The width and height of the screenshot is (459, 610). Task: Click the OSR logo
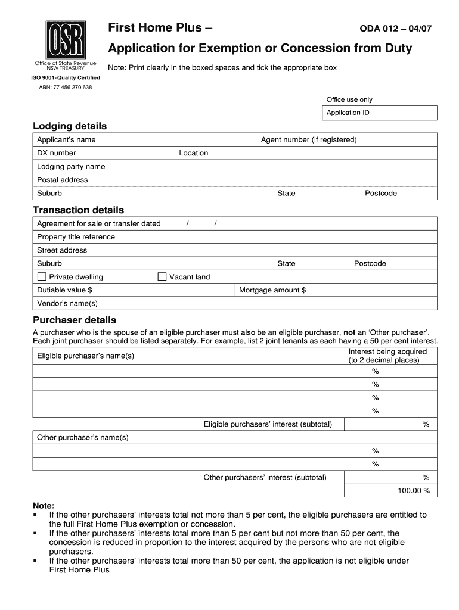(x=66, y=39)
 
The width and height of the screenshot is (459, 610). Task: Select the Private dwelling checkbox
(x=42, y=276)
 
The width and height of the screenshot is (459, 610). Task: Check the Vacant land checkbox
(x=162, y=276)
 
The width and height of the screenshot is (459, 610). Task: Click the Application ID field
(x=381, y=113)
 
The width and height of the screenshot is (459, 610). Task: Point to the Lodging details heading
(x=70, y=126)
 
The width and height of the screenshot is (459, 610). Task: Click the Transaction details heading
(x=78, y=210)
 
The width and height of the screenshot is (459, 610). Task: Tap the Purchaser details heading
(x=75, y=320)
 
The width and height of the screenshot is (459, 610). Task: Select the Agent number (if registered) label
(x=309, y=140)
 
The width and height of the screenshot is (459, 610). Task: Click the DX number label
(x=57, y=153)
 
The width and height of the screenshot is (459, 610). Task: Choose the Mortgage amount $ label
(x=272, y=290)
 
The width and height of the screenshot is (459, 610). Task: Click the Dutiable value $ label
(x=64, y=290)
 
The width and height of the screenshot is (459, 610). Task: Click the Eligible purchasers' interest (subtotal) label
(x=268, y=424)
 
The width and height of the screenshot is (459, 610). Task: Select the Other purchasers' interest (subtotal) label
(x=265, y=477)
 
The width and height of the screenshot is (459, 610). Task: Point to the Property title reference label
(x=76, y=237)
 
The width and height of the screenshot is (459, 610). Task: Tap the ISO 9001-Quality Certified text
(x=66, y=77)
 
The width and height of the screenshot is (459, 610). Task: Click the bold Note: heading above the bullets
(x=44, y=505)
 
